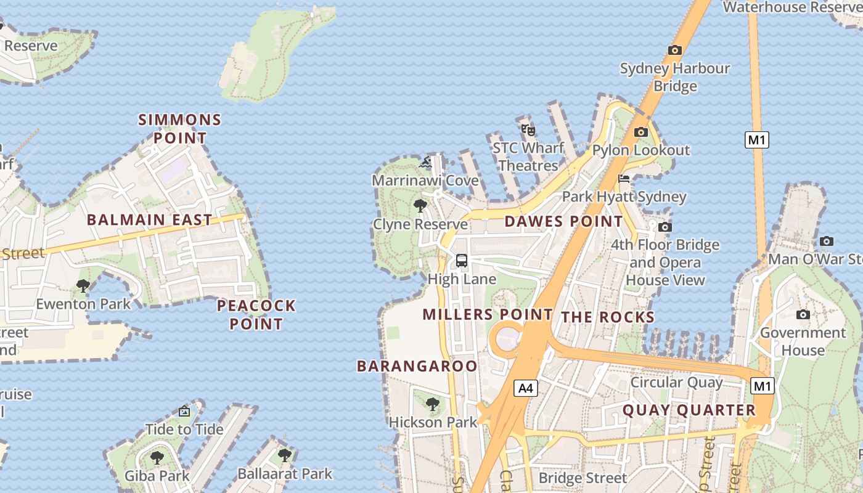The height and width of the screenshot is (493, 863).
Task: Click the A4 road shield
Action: [525, 388]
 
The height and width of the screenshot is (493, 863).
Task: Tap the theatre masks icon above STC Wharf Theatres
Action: [528, 130]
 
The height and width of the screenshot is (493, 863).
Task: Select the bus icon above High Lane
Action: [462, 261]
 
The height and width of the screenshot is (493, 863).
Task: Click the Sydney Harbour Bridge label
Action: [675, 77]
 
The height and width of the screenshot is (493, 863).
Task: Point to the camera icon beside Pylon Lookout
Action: [641, 132]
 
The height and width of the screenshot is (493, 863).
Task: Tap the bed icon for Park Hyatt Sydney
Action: [624, 179]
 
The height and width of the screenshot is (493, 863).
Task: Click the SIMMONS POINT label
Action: [179, 128]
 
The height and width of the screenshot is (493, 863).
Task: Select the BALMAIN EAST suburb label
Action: [150, 219]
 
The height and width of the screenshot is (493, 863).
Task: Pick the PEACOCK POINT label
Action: [256, 314]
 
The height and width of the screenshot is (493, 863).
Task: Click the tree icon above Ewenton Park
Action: [83, 286]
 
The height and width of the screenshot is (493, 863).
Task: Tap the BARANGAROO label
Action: [417, 366]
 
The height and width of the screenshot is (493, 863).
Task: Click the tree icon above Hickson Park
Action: [433, 404]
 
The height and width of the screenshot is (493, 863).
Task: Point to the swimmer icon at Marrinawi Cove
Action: [425, 163]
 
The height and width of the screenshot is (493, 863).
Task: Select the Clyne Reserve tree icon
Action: [420, 206]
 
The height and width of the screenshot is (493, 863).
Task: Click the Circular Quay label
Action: [676, 382]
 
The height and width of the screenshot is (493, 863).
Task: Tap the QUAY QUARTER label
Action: [689, 410]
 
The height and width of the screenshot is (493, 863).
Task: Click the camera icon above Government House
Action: [803, 315]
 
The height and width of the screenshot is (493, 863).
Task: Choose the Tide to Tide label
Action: [184, 428]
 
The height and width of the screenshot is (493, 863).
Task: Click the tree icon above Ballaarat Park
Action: [284, 455]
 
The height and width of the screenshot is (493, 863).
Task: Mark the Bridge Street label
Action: [583, 478]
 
